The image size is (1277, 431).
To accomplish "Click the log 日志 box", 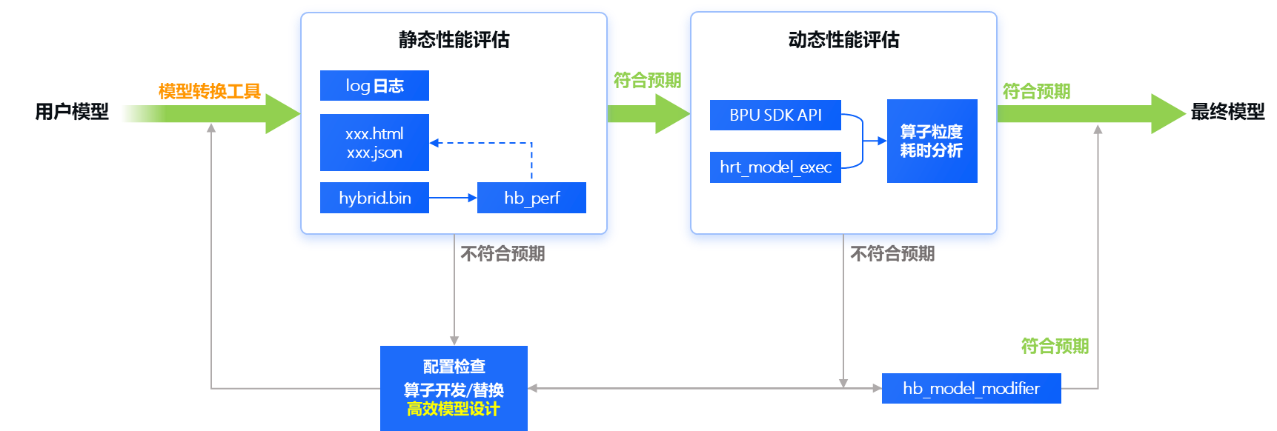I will pyautogui.click(x=374, y=86).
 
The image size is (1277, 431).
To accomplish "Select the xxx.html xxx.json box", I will pyautogui.click(x=374, y=143).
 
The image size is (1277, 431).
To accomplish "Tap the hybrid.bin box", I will pyautogui.click(x=374, y=198).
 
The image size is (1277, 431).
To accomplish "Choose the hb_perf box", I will pyautogui.click(x=531, y=198).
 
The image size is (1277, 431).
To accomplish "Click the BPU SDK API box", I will pyautogui.click(x=775, y=115).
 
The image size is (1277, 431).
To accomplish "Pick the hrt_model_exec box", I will pyautogui.click(x=775, y=167).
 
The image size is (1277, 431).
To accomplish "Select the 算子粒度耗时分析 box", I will pyautogui.click(x=932, y=141).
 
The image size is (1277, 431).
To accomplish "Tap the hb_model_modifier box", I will pyautogui.click(x=971, y=388).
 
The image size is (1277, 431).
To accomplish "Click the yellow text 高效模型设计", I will pyautogui.click(x=454, y=410).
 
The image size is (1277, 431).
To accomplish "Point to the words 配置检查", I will pyautogui.click(x=454, y=367).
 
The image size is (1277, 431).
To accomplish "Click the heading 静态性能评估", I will pyautogui.click(x=454, y=40).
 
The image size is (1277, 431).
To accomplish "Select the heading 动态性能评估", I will pyautogui.click(x=843, y=40).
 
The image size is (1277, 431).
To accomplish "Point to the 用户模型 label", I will pyautogui.click(x=72, y=112).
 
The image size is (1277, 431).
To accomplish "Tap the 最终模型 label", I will pyautogui.click(x=1228, y=112).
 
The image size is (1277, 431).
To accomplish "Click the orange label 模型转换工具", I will pyautogui.click(x=209, y=91).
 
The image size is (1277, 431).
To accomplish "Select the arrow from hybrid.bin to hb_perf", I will pyautogui.click(x=453, y=198).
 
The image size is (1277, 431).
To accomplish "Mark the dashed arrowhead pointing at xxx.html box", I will pyautogui.click(x=435, y=143).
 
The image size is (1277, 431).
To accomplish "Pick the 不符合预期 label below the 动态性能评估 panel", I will pyautogui.click(x=892, y=254).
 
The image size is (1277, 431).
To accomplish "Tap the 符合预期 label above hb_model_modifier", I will pyautogui.click(x=1055, y=346).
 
